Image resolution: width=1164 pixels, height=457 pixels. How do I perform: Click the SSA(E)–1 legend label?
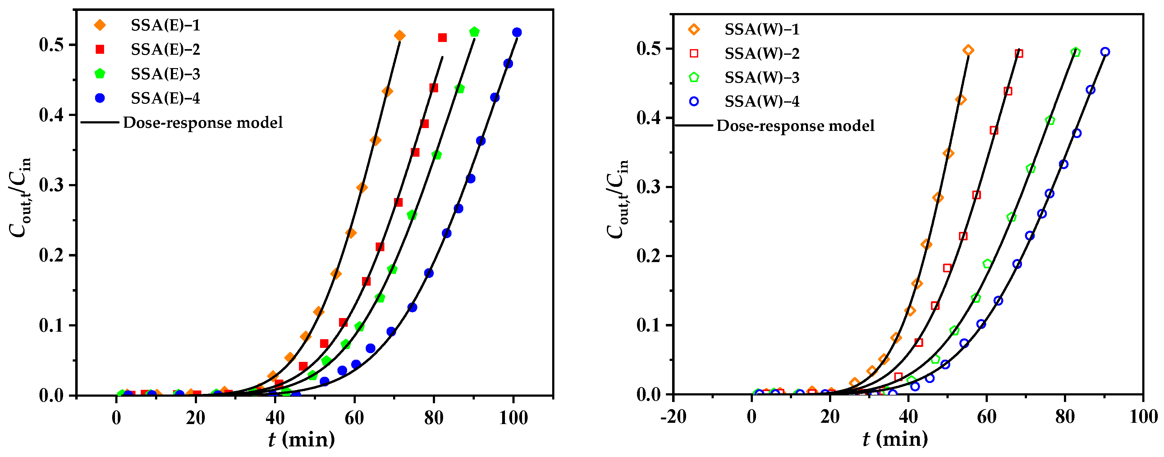click(x=165, y=25)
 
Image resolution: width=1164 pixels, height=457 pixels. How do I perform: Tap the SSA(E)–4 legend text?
click(x=165, y=98)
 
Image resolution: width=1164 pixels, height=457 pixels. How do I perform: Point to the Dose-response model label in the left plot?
click(x=203, y=122)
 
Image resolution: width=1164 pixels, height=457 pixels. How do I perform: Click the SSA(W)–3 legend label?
click(x=762, y=78)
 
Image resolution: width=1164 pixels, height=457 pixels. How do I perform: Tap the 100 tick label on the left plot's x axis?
click(x=513, y=418)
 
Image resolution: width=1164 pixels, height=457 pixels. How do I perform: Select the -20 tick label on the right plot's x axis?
click(x=673, y=416)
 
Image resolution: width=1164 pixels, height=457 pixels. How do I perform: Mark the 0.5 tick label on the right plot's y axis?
click(x=650, y=49)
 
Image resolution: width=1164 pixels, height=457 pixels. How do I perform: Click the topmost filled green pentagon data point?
click(x=474, y=32)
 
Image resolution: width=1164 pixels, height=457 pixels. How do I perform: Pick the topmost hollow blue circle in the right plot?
click(x=1105, y=52)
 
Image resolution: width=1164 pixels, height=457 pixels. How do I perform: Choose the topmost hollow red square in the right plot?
click(x=1019, y=54)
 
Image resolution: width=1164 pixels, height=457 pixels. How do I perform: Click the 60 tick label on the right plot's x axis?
click(x=987, y=416)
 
